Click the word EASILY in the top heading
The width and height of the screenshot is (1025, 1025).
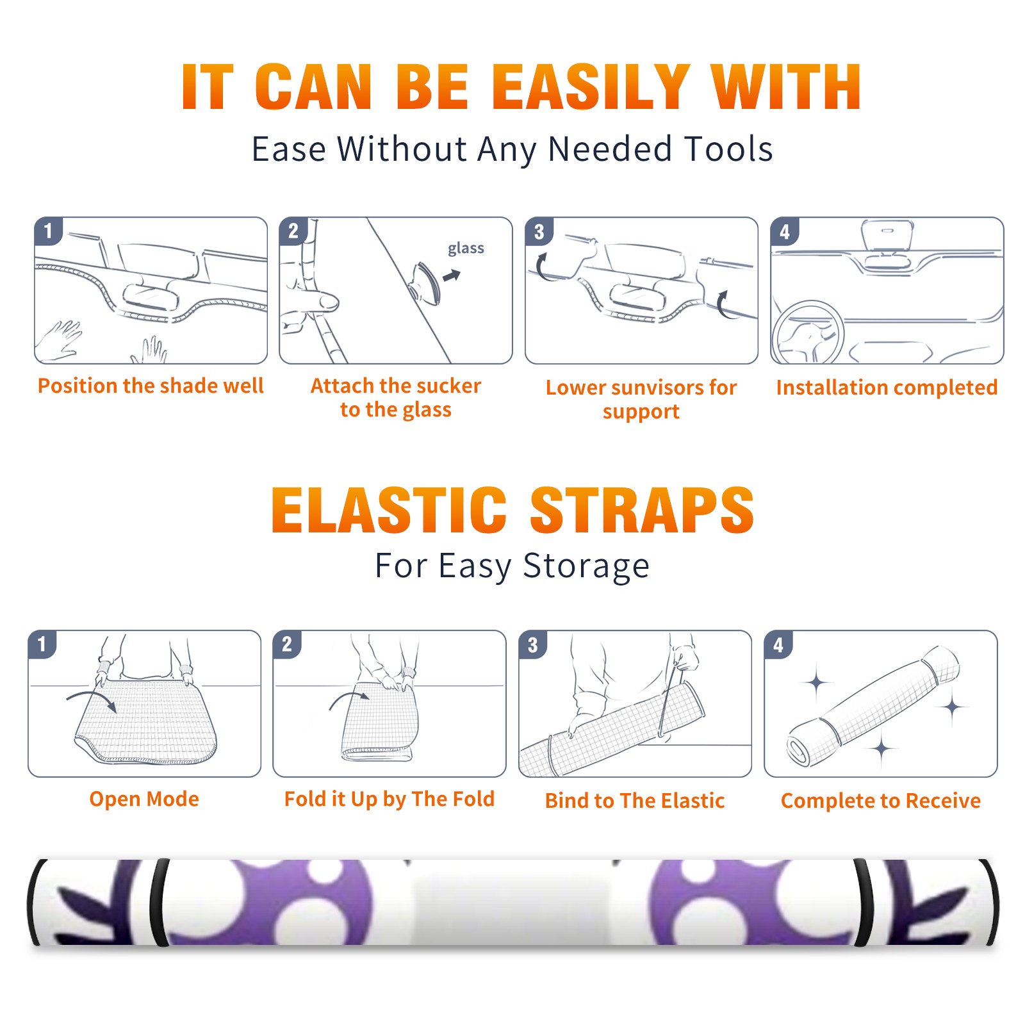[591, 87]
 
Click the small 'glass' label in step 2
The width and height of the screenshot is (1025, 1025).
[466, 249]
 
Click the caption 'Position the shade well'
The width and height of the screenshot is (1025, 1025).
[151, 386]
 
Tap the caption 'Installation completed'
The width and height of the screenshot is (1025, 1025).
[887, 388]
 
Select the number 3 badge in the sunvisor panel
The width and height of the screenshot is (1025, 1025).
[539, 232]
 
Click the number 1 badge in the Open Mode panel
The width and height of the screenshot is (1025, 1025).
[42, 644]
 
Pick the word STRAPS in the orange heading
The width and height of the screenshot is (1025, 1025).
[642, 510]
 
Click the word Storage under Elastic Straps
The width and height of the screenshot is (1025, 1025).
[586, 567]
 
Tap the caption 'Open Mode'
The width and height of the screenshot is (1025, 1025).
[144, 799]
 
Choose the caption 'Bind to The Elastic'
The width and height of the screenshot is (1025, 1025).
[635, 801]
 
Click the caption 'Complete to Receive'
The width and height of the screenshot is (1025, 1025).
[881, 801]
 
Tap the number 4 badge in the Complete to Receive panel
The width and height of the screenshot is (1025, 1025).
[778, 644]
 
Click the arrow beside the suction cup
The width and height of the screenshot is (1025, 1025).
[452, 275]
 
